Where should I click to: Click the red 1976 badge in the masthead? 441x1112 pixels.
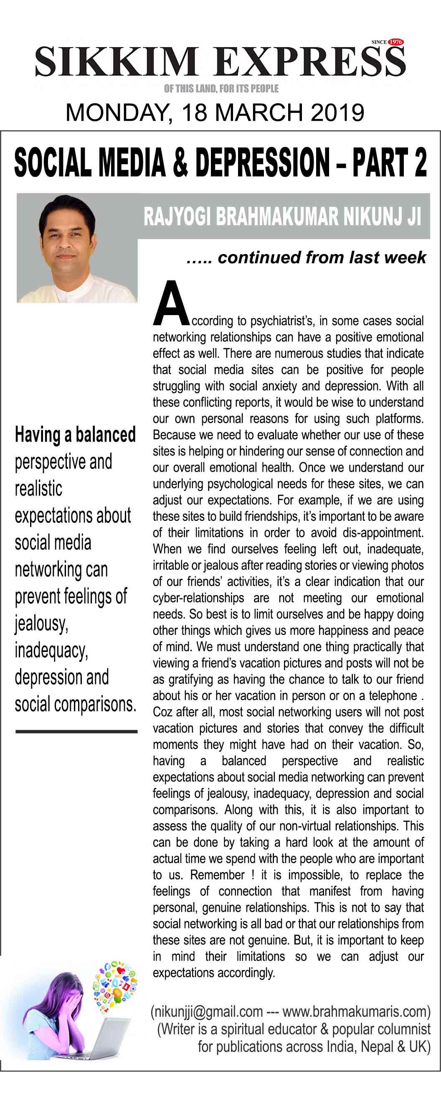point(395,42)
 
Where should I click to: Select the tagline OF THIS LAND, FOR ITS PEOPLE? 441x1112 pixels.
point(221,89)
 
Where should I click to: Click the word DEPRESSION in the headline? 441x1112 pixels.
point(262,163)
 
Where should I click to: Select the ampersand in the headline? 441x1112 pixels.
point(180,163)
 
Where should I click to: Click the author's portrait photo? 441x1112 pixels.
point(76,249)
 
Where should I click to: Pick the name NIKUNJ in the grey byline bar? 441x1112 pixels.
point(371,217)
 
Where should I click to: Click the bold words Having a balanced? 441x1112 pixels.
point(75,435)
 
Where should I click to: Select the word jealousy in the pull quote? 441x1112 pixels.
point(41,624)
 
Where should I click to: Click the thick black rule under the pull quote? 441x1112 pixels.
point(76,731)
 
